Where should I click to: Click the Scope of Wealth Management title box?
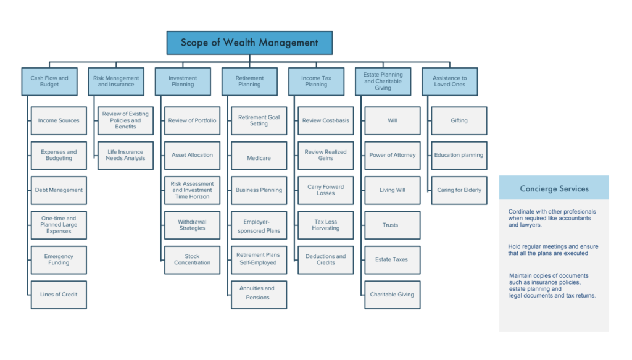(249, 43)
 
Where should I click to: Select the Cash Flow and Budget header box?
(49, 82)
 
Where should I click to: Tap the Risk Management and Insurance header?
(116, 82)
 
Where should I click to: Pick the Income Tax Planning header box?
(316, 82)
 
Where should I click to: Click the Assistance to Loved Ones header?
(450, 82)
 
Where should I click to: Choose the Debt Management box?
(59, 190)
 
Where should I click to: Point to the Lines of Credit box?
(59, 295)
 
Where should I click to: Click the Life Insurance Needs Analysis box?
(125, 155)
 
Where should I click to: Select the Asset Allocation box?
(192, 156)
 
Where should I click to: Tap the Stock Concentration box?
(192, 260)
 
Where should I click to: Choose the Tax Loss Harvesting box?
(326, 225)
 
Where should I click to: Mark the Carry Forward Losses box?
(326, 190)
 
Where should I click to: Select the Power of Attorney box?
(393, 156)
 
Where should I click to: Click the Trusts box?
(393, 225)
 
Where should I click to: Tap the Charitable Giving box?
(393, 295)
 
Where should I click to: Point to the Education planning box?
(459, 156)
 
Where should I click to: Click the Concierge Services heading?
(554, 188)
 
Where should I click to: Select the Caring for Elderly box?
(459, 190)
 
